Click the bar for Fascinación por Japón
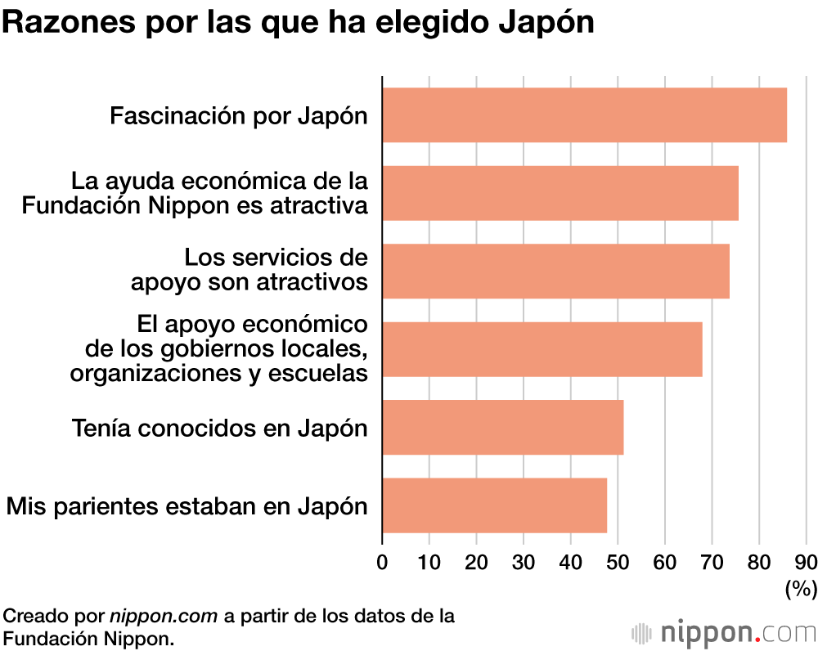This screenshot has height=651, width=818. coord(584,115)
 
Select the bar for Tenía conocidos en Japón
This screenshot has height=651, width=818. coord(502,427)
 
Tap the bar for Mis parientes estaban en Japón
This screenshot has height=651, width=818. coord(494,505)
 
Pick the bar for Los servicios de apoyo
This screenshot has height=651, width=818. coord(555,271)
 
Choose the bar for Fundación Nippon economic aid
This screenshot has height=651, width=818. coord(560,193)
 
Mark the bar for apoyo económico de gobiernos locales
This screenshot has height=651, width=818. coord(542,349)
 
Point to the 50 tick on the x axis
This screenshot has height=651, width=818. coord(618,562)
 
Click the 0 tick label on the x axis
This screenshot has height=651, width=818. coord(382,562)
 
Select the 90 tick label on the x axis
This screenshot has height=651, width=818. coord(806,562)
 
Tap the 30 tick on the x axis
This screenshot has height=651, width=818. coord(524,562)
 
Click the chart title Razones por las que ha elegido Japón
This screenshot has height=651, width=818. coord(298,23)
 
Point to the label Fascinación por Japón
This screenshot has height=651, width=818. coord(238,115)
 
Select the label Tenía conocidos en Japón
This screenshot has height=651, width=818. coord(219,427)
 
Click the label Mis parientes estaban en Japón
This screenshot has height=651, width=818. coord(187,505)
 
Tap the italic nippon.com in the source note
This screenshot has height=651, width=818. coord(164,615)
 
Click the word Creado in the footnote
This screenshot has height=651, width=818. coord(31,615)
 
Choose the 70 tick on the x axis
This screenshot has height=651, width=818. coord(712,562)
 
